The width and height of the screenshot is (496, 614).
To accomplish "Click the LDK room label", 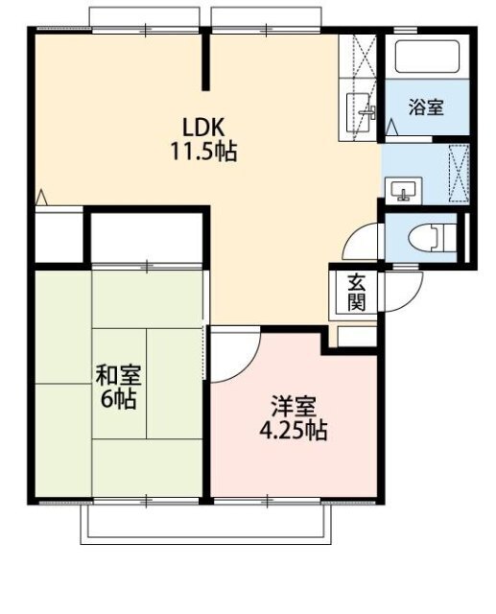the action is (x=203, y=127).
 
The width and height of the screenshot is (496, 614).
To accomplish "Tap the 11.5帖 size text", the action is (x=203, y=152).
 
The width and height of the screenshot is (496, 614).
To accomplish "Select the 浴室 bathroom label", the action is (x=426, y=106).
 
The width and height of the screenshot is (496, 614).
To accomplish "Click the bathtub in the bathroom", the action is (x=427, y=57).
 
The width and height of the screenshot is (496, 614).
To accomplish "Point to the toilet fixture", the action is (x=432, y=237).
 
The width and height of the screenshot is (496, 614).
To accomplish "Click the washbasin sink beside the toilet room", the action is (x=403, y=191).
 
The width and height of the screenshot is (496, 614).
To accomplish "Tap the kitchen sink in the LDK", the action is (x=359, y=111).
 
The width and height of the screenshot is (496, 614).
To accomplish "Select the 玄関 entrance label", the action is (x=356, y=293).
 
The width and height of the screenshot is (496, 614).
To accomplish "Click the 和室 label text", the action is (x=119, y=375).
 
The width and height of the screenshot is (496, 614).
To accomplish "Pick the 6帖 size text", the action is (x=119, y=399).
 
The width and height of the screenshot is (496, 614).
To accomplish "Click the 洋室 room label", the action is (x=294, y=407).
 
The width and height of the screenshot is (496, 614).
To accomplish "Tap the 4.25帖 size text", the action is (x=294, y=431).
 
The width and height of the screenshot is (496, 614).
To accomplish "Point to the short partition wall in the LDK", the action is (x=206, y=61).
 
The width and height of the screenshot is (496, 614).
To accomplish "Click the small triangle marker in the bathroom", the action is (x=391, y=128).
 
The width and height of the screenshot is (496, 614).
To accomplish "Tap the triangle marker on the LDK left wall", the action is (x=41, y=198).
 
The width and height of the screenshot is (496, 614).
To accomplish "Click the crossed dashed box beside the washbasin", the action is (x=459, y=173).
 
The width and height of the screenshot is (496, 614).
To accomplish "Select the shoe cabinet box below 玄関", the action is (x=357, y=337).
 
